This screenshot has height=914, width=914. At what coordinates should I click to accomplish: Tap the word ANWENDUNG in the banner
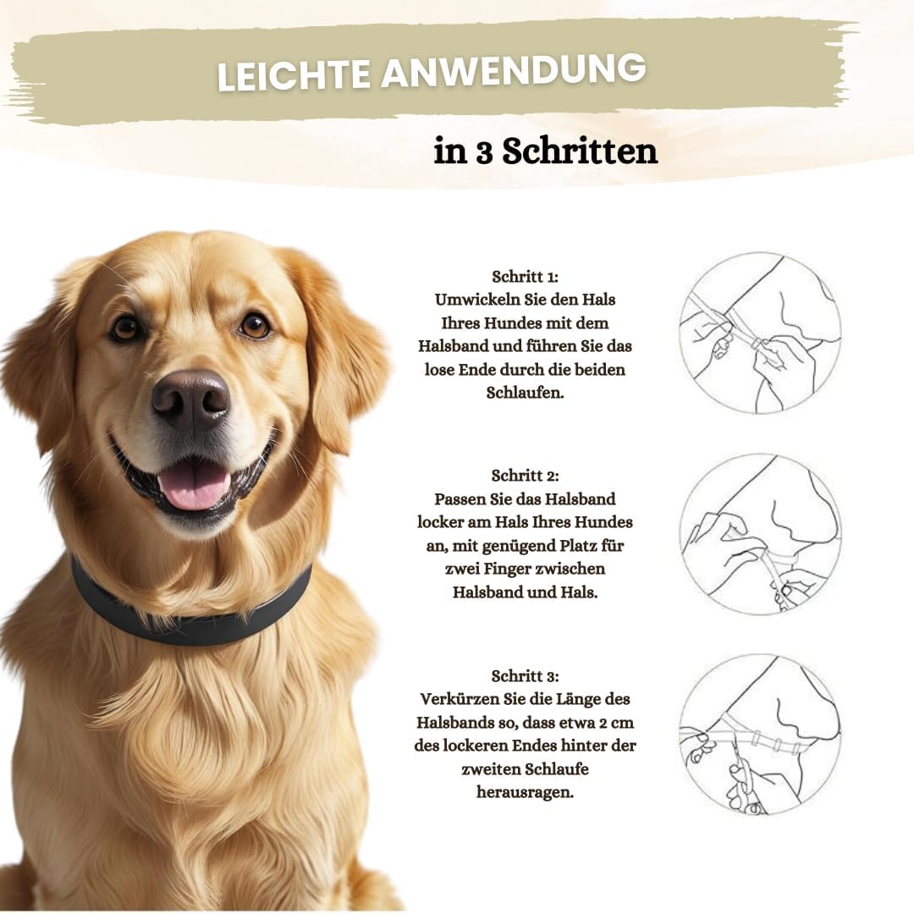click(x=513, y=71)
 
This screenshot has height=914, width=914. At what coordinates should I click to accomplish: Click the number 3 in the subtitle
click(x=482, y=152)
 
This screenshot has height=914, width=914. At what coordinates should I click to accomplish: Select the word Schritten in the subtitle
click(x=580, y=152)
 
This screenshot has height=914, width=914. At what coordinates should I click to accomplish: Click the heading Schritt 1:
click(x=525, y=277)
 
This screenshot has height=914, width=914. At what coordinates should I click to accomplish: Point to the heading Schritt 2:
click(x=525, y=476)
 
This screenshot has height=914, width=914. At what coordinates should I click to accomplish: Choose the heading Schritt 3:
click(x=525, y=676)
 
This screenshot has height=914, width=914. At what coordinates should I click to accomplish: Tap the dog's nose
click(x=190, y=397)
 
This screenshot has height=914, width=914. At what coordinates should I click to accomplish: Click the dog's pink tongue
click(x=195, y=486)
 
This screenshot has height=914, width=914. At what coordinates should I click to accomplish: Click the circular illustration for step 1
click(x=760, y=333)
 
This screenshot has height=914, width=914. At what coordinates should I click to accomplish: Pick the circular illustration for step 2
click(x=760, y=534)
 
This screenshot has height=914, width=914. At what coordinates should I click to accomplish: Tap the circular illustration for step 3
click(x=760, y=734)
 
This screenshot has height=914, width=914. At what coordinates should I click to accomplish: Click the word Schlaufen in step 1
click(x=525, y=393)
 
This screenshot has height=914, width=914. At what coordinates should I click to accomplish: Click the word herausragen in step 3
click(x=525, y=793)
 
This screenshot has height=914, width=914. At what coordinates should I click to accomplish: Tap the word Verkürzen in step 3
click(x=457, y=700)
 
